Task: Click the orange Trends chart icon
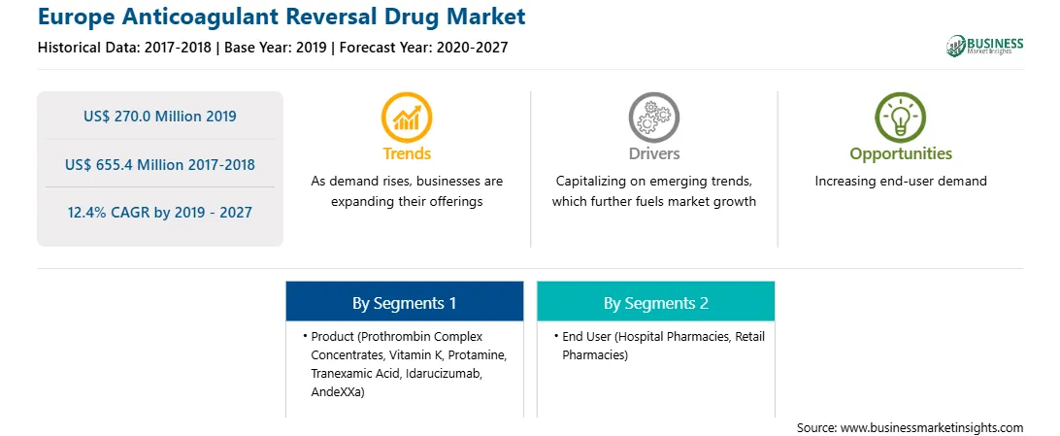point(407,117)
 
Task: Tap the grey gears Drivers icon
point(653,117)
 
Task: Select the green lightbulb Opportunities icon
point(901,117)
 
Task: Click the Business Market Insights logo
point(984,46)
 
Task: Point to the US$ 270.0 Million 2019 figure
point(160,117)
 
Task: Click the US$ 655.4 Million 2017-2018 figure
point(160,164)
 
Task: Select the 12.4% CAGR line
point(160,213)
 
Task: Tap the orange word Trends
point(407,153)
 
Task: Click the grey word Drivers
point(653,153)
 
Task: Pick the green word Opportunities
point(901,154)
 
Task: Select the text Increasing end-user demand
point(901,182)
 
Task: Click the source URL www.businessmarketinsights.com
point(932,427)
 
